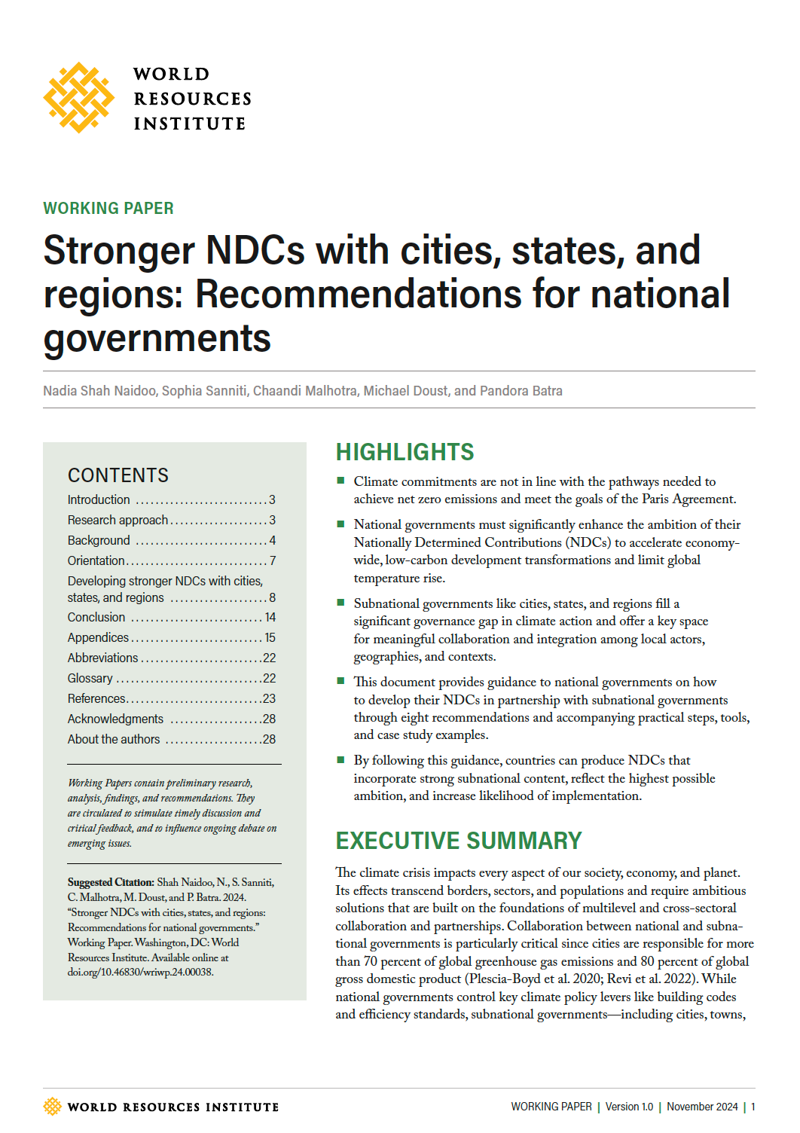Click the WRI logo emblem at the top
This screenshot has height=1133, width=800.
[x=78, y=98]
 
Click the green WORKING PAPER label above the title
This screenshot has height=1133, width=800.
[x=108, y=208]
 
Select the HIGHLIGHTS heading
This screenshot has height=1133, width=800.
[x=405, y=452]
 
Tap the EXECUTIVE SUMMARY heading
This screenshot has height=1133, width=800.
[x=459, y=841]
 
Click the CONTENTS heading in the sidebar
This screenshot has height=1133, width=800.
[x=118, y=475]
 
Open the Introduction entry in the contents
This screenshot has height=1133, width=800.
[x=99, y=499]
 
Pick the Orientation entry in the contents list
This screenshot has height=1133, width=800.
[x=96, y=560]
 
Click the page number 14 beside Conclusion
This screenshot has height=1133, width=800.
[x=270, y=617]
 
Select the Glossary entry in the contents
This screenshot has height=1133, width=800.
[x=90, y=678]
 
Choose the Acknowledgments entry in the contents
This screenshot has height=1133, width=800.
[x=115, y=719]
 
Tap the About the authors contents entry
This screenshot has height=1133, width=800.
[x=114, y=739]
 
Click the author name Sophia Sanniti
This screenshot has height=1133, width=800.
[x=204, y=391]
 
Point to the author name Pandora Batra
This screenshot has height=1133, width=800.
[x=521, y=391]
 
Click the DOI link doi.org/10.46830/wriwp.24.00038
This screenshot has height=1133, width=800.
[x=141, y=972]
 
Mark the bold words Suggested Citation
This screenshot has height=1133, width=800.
[x=111, y=882]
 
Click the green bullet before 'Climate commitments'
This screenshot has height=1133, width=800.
[x=340, y=481]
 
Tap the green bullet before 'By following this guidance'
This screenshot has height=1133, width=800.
[x=340, y=759]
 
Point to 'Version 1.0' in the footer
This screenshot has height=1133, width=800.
[x=629, y=1107]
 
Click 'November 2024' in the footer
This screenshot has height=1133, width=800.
[x=702, y=1107]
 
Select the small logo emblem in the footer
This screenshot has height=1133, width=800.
[x=52, y=1107]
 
